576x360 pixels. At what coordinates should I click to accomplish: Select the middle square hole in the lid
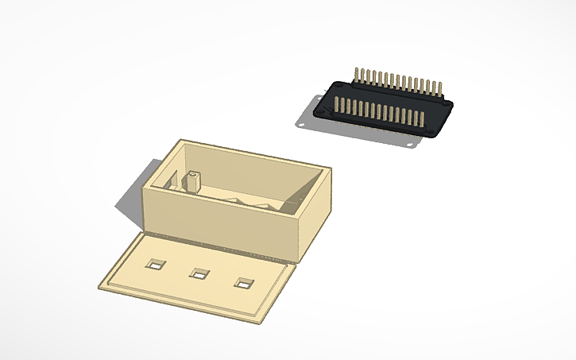click(199, 273)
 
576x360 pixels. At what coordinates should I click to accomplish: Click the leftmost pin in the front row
click(337, 106)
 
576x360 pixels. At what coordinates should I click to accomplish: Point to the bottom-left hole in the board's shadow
click(302, 125)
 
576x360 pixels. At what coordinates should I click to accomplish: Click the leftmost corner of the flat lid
click(99, 282)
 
